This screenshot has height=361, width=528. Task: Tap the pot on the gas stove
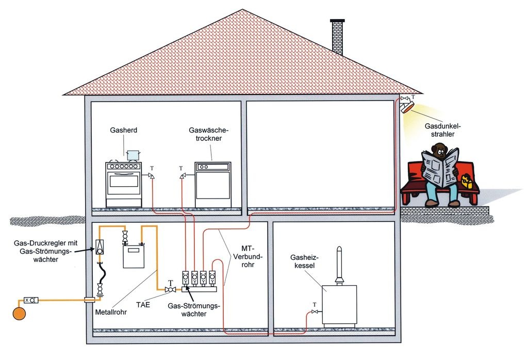pos(133,155)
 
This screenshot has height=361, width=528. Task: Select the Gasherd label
pos(124,130)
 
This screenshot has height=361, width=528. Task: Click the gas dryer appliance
pos(212,184)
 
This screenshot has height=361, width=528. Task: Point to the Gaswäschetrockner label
pos(208,135)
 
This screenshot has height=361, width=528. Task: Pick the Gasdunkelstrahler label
pos(442,131)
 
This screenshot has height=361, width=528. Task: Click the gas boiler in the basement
pos(339,304)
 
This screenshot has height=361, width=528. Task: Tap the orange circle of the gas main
pos(20,313)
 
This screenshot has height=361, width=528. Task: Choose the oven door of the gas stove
pos(124,185)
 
